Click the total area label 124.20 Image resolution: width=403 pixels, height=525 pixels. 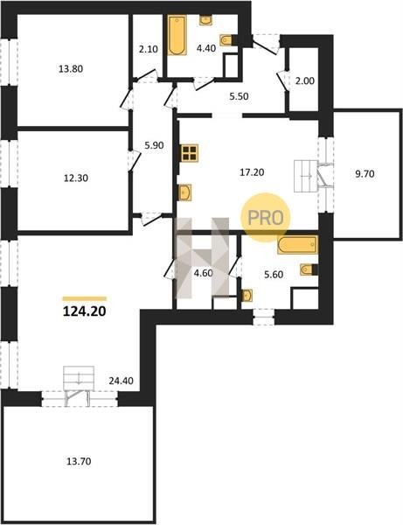pyautogui.click(x=85, y=311)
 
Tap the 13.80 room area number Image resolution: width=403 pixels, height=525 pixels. pyautogui.click(x=71, y=69)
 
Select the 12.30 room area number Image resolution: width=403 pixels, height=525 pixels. pyautogui.click(x=76, y=178)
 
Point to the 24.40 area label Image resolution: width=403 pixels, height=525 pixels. pyautogui.click(x=121, y=381)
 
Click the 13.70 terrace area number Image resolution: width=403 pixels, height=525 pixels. pyautogui.click(x=79, y=461)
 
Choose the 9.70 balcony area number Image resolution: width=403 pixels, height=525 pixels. pyautogui.click(x=365, y=174)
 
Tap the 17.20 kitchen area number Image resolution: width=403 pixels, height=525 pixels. pyautogui.click(x=252, y=172)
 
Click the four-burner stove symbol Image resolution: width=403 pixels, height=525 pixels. pyautogui.click(x=190, y=153)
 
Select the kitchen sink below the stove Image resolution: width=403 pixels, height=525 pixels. pyautogui.click(x=184, y=192)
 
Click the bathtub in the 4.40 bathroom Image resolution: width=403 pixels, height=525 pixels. pyautogui.click(x=177, y=35)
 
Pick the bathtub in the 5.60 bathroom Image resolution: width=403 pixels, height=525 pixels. pyautogui.click(x=297, y=245)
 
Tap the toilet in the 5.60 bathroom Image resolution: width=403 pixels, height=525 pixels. pyautogui.click(x=308, y=269)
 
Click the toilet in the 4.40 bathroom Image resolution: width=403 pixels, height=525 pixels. pyautogui.click(x=227, y=40)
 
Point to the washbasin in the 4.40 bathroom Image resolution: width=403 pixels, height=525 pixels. pyautogui.click(x=205, y=20)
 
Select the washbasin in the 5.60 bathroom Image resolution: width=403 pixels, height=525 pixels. pyautogui.click(x=247, y=296)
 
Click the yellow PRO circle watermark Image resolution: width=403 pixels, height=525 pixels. pyautogui.click(x=266, y=217)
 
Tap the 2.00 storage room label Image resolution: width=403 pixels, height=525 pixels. pyautogui.click(x=305, y=80)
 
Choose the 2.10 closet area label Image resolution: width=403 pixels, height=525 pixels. pyautogui.click(x=148, y=49)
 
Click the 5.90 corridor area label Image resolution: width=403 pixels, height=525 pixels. pyautogui.click(x=154, y=145)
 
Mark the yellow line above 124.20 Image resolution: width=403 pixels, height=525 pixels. pyautogui.click(x=85, y=298)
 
